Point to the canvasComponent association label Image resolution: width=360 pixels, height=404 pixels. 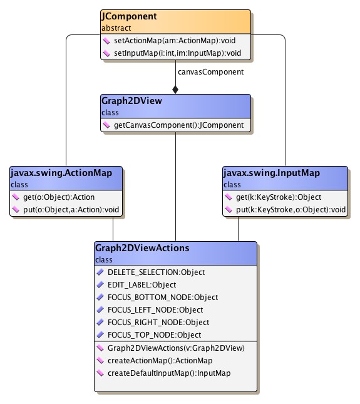point(202,72)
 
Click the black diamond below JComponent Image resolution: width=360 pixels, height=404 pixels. point(175,89)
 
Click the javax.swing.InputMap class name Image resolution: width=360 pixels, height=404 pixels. point(271,174)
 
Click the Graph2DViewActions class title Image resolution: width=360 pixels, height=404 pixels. point(142,249)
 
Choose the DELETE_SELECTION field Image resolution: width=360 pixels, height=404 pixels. point(156,272)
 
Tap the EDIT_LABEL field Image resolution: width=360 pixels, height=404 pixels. point(141,285)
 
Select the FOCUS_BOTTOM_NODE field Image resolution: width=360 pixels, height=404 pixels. point(162,298)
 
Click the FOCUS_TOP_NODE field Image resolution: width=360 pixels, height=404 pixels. point(154,335)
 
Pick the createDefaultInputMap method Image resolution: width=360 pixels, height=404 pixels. point(169,373)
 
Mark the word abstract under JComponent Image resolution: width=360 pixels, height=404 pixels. point(116,28)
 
